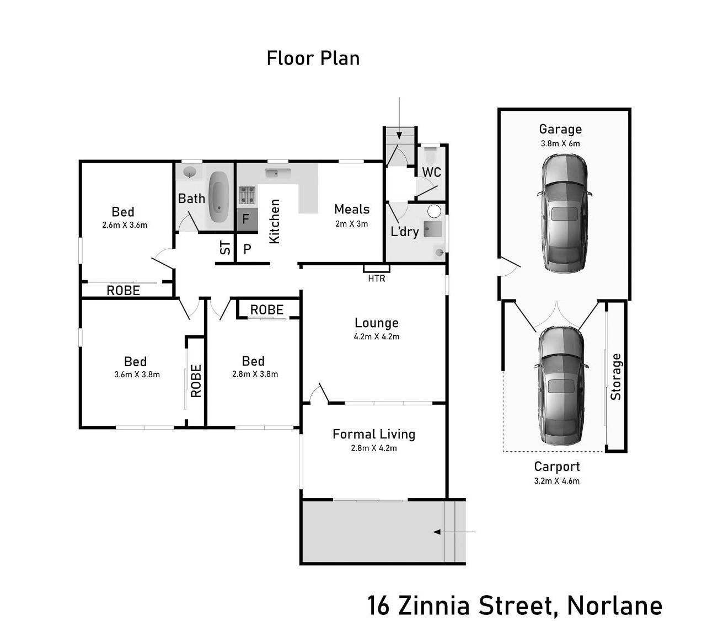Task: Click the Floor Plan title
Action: click(x=313, y=58)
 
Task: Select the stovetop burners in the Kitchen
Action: click(x=247, y=195)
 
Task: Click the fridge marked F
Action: click(x=247, y=219)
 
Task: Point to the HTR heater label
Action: click(x=377, y=279)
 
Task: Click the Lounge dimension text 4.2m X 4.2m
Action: click(x=377, y=336)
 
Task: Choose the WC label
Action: click(x=431, y=172)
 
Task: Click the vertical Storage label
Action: click(x=616, y=377)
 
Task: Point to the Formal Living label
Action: click(x=374, y=435)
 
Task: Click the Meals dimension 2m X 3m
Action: click(x=351, y=224)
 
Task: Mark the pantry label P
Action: click(x=248, y=249)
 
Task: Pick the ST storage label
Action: click(x=226, y=248)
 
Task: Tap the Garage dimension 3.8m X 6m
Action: click(x=560, y=143)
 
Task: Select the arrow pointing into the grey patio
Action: click(x=454, y=532)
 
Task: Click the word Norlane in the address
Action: click(x=614, y=605)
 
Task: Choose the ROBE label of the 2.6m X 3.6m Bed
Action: click(x=123, y=290)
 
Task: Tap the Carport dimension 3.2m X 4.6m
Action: click(x=556, y=481)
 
